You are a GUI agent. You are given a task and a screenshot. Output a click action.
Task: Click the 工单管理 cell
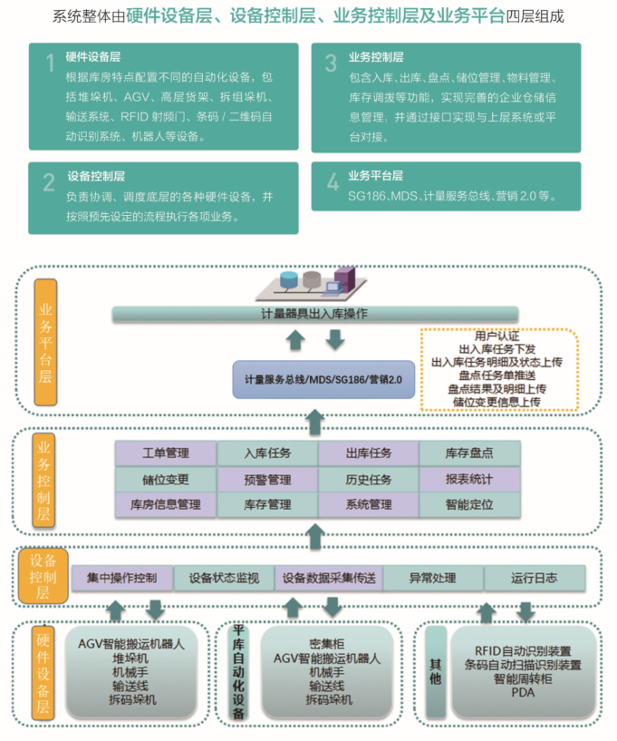pos(166,453)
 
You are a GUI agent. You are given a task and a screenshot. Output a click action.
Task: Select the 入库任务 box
pos(267,453)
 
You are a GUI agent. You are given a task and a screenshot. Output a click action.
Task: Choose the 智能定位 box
pos(469,504)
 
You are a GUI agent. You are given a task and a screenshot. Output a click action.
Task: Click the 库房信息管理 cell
pos(166,504)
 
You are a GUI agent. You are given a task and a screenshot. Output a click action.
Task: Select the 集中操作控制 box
pos(122,578)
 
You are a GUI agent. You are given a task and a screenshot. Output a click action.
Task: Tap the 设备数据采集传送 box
pos(329,578)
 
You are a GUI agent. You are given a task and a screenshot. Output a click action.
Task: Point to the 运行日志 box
pos(534,578)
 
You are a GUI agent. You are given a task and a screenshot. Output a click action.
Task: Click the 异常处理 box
pos(432,578)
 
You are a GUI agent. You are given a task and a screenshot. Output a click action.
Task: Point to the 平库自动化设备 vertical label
pos(239,672)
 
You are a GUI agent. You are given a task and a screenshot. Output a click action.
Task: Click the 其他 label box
pos(435,671)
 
